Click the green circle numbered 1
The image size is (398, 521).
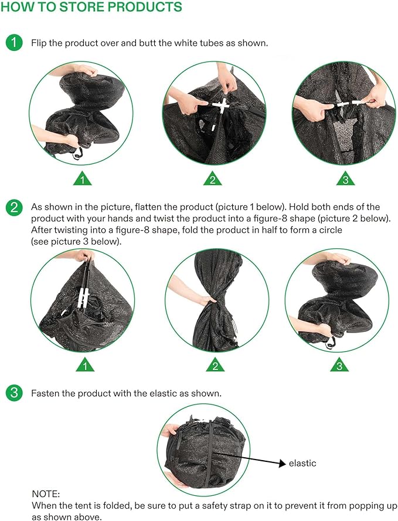tap(14, 43)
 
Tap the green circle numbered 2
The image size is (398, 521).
tap(14, 207)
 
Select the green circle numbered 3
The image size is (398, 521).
tap(14, 393)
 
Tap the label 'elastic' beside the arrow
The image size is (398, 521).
tap(302, 463)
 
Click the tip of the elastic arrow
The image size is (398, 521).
tap(286, 464)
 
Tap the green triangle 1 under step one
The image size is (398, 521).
tap(82, 179)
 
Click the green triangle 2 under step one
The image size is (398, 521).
tap(213, 179)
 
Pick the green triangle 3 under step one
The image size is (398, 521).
tap(345, 179)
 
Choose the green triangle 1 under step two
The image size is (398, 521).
tap(85, 365)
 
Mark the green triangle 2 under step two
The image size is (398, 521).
tap(215, 365)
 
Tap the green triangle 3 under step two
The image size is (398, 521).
tap(339, 365)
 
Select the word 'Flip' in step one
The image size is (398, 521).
tap(38, 43)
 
